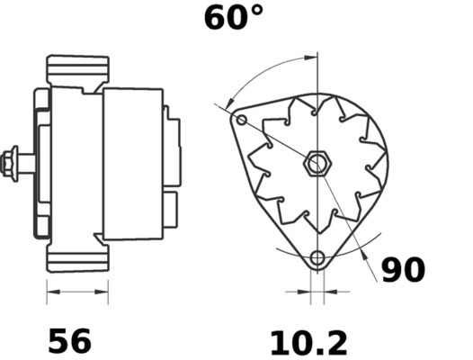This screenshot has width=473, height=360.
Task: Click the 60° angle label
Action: pos(234,17)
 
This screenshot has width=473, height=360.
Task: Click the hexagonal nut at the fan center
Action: pos(316,164)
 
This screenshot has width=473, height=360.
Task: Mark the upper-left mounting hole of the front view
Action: pos(240,119)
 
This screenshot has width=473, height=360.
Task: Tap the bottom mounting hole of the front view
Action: pos(316,259)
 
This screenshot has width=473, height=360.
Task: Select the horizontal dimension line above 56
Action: pos(76,292)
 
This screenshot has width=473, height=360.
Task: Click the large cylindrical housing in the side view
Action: pos(132,164)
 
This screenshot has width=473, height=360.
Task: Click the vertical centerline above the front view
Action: pos(317,81)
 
